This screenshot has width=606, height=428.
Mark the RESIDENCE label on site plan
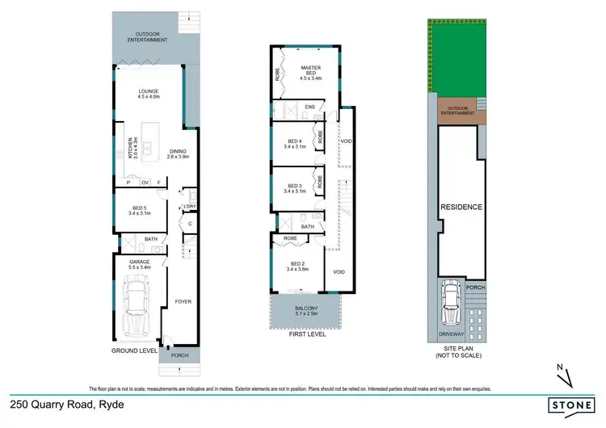[461, 208]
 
